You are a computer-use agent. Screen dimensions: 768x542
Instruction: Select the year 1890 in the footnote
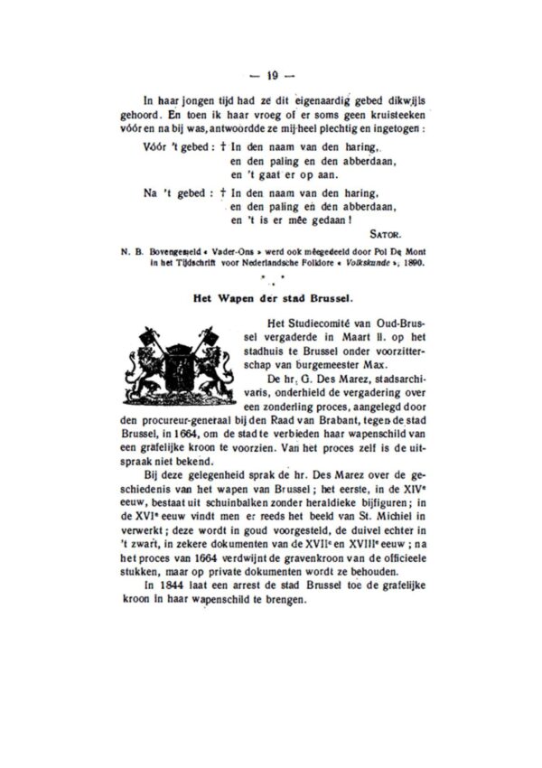412,262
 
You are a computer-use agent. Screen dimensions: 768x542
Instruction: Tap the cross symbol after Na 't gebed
223,192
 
